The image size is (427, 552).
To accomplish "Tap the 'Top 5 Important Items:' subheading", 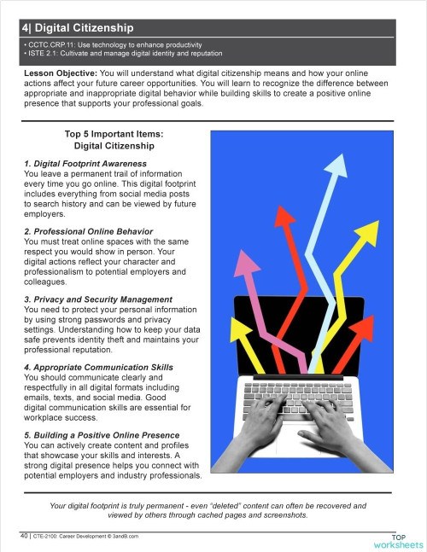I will point(113,134).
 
